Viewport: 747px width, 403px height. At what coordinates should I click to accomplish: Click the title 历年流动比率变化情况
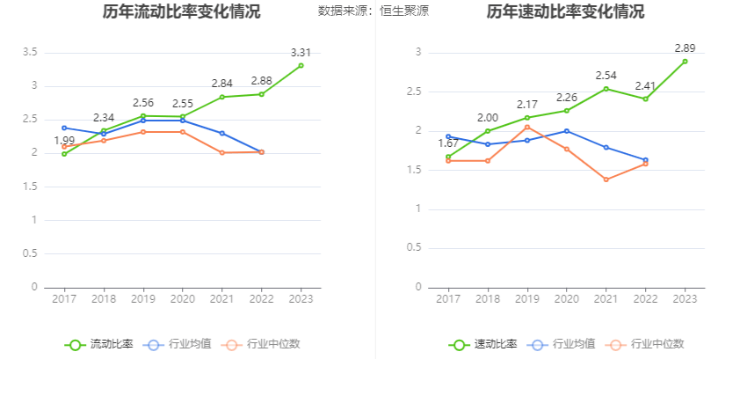181,12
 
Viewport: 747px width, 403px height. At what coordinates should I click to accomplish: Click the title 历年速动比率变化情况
565,12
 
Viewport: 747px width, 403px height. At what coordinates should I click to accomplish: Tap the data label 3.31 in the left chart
301,52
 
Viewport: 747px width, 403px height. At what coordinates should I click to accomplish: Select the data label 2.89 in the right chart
685,48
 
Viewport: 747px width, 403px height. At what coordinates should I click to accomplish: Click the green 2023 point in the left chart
301,65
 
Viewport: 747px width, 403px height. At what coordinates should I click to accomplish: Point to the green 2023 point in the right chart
685,62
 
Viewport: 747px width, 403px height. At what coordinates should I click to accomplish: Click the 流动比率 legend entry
98,344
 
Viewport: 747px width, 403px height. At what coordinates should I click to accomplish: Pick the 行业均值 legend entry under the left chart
178,344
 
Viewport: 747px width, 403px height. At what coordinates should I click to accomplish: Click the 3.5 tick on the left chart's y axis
29,53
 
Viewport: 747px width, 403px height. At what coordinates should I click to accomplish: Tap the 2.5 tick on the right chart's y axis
414,92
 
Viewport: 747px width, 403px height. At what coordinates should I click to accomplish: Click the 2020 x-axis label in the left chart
182,299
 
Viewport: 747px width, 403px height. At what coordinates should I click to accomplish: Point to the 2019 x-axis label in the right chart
526,299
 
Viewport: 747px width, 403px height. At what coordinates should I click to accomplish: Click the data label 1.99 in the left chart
64,141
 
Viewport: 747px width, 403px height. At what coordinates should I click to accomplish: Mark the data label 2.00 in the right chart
488,118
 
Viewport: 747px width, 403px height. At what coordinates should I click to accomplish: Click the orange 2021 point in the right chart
606,180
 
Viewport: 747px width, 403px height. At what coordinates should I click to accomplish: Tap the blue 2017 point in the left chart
64,128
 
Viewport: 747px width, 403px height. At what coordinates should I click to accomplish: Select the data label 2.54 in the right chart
606,76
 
